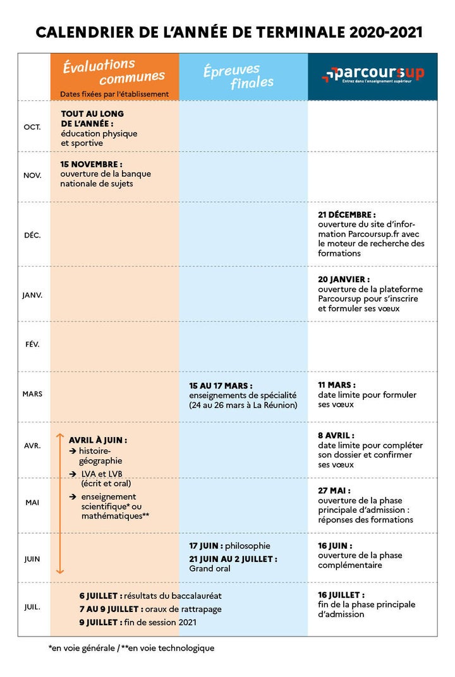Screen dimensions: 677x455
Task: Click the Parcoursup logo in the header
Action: [x=373, y=74]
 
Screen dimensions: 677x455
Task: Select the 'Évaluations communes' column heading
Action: [x=114, y=71]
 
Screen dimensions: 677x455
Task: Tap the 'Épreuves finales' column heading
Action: [x=239, y=76]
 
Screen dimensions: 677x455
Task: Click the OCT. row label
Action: [x=32, y=127]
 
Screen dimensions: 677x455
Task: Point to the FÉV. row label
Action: [x=32, y=344]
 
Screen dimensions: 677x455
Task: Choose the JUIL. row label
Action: [x=32, y=607]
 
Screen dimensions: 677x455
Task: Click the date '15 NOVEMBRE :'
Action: [x=92, y=164]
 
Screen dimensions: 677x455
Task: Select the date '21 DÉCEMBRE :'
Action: [x=347, y=215]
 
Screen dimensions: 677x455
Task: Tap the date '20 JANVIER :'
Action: [x=344, y=279]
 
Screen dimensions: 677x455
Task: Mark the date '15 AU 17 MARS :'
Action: [x=221, y=385]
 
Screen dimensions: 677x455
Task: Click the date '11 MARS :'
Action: [x=337, y=385]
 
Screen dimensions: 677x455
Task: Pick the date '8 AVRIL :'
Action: [x=336, y=435]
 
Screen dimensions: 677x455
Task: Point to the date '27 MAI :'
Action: [x=334, y=490]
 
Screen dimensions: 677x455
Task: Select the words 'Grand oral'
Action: [x=210, y=568]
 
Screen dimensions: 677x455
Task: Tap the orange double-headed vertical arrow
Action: [x=60, y=503]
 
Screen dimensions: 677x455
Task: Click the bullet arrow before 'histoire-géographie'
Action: [x=73, y=451]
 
